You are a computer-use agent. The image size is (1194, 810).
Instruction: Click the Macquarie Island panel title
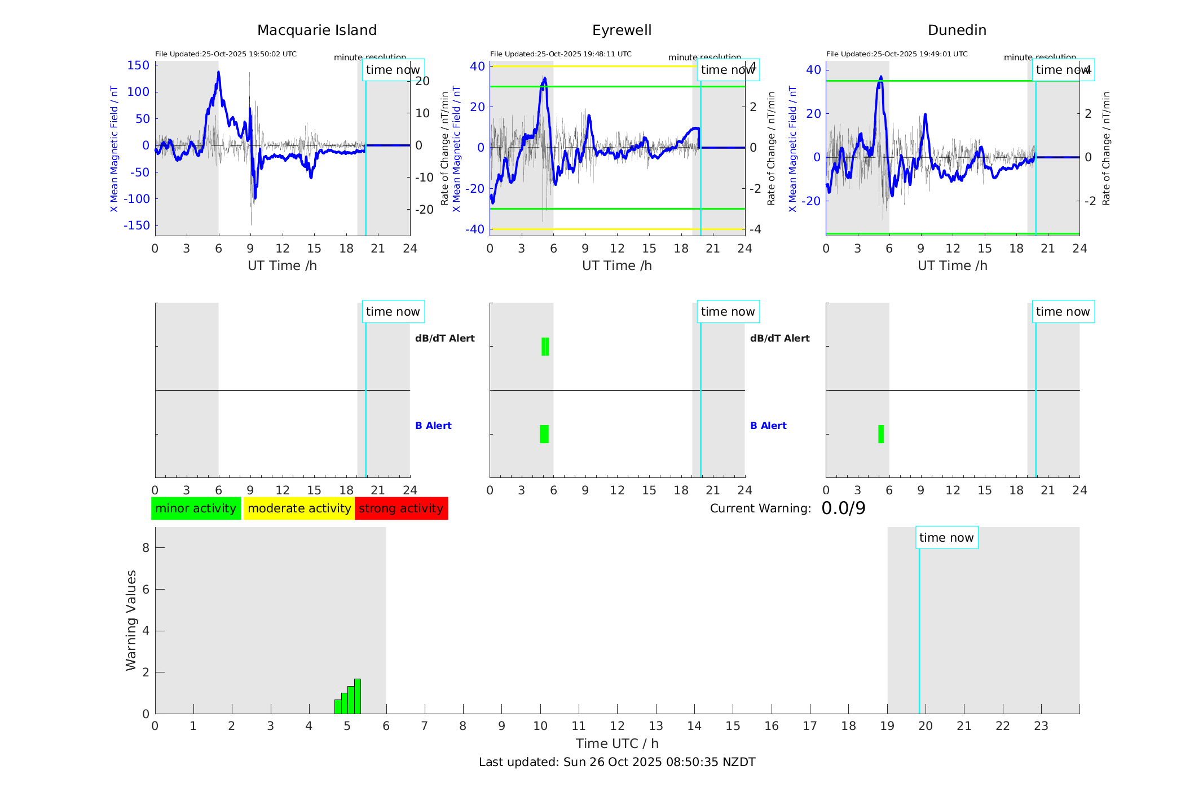pyautogui.click(x=316, y=30)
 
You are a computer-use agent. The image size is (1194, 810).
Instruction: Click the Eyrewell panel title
pyautogui.click(x=622, y=30)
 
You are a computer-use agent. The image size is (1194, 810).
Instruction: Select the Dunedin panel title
pyautogui.click(x=957, y=30)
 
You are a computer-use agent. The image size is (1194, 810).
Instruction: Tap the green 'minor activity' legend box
pyautogui.click(x=196, y=508)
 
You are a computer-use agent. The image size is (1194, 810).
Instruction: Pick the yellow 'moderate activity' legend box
pyautogui.click(x=299, y=508)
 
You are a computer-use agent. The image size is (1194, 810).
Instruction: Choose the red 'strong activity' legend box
pyautogui.click(x=401, y=508)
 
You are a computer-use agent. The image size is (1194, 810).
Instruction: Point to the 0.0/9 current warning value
pyautogui.click(x=843, y=508)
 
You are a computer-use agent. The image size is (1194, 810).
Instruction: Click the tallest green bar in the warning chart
pyautogui.click(x=358, y=696)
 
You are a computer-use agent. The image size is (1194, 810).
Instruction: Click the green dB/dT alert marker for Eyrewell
pyautogui.click(x=545, y=347)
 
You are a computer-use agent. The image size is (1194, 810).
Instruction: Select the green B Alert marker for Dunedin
pyautogui.click(x=881, y=434)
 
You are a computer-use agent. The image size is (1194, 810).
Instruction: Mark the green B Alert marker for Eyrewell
pyautogui.click(x=544, y=434)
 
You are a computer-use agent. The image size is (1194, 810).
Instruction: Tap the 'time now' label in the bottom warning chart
pyautogui.click(x=946, y=538)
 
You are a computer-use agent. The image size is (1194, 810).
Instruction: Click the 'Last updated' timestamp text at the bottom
pyautogui.click(x=617, y=762)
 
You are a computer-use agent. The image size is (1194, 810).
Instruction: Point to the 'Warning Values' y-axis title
pyautogui.click(x=131, y=620)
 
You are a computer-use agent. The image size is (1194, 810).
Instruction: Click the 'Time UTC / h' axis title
pyautogui.click(x=617, y=743)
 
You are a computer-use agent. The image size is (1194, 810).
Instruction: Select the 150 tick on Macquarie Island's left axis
pyautogui.click(x=138, y=65)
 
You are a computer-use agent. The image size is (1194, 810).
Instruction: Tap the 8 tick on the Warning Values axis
pyautogui.click(x=146, y=548)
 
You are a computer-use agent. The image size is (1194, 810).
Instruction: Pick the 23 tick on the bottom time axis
pyautogui.click(x=1041, y=726)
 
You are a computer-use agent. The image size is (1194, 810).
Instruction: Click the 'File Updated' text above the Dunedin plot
pyautogui.click(x=897, y=54)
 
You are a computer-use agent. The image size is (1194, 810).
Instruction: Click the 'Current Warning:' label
pyautogui.click(x=760, y=508)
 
